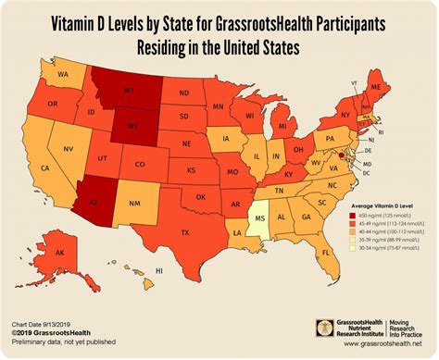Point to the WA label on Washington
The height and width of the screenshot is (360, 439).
pos(63,73)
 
